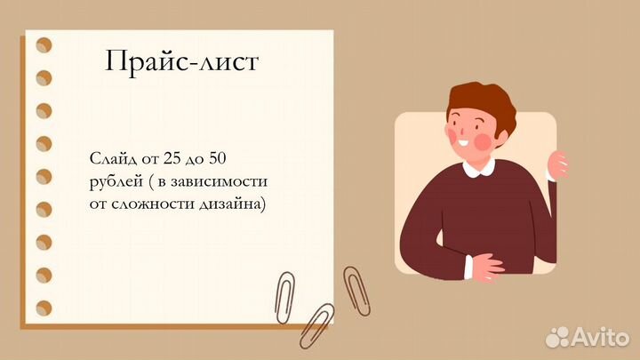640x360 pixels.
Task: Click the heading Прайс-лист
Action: [x=183, y=61]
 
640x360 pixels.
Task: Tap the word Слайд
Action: [x=111, y=159]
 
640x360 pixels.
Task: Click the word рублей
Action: [x=113, y=181]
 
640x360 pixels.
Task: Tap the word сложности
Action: [x=150, y=204]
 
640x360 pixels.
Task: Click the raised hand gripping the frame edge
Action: [x=558, y=164]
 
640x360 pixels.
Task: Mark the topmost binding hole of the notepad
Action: [x=43, y=44]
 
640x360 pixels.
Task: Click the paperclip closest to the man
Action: [x=356, y=289]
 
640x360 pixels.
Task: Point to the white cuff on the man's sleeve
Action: [x=468, y=263]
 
